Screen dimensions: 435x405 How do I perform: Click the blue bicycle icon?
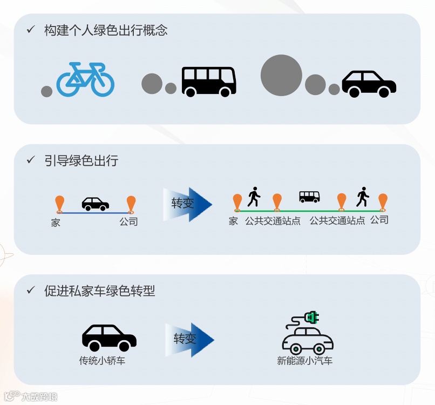coord(85,79)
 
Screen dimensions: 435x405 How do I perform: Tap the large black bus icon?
coord(209,82)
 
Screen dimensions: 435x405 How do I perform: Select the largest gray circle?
coord(281,75)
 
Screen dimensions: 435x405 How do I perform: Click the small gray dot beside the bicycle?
coord(47,91)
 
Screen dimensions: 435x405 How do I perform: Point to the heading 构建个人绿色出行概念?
coord(106,30)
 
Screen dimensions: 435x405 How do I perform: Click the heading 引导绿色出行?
coord(81,160)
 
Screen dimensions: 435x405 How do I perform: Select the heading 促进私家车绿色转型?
coord(100,291)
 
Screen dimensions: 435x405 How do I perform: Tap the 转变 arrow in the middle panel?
coord(187,204)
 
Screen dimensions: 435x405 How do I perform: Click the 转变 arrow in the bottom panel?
coord(189,339)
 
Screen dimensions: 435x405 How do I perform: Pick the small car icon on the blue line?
coord(96,204)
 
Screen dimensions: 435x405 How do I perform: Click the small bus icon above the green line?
coord(309,197)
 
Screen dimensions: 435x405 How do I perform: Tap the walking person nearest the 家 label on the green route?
coord(254,197)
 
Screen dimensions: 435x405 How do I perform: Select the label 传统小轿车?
coord(103,360)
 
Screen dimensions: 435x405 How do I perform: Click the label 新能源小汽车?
coord(305,360)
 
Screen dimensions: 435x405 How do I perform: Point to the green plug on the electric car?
coord(311,318)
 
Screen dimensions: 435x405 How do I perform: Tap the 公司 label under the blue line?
coord(128,221)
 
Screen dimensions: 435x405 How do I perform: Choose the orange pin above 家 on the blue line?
coord(59,205)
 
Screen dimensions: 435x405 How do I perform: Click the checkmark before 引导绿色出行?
coord(31,160)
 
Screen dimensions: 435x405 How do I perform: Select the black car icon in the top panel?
coord(369,84)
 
